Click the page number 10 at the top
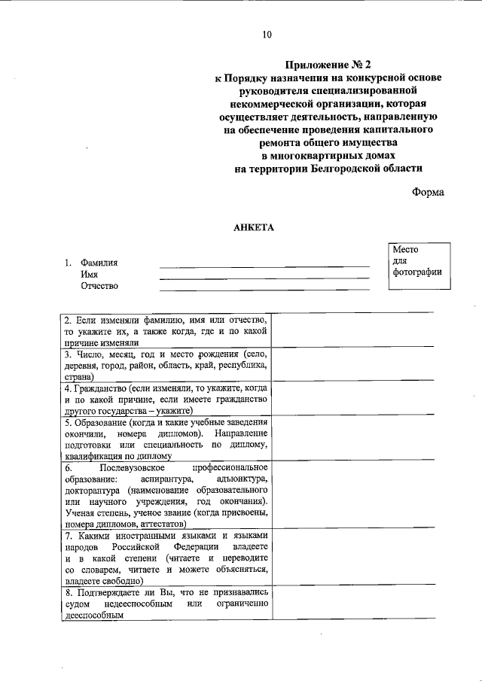pos(267,35)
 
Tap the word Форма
pos(428,192)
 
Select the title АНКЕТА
pos(255,227)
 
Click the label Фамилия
pos(99,263)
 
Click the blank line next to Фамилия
pos(264,265)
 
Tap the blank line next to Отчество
pos(264,287)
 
